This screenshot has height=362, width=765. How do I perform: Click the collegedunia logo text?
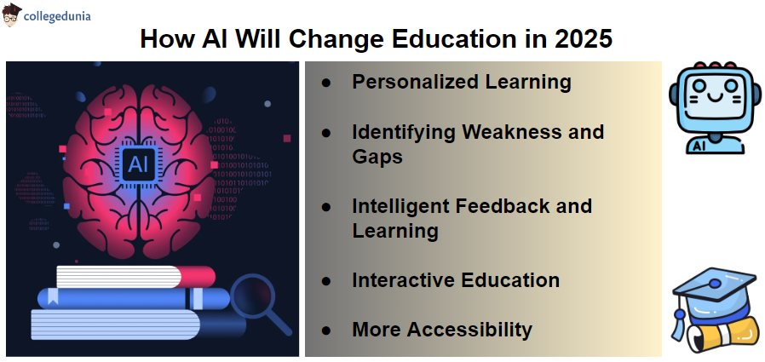[57, 16]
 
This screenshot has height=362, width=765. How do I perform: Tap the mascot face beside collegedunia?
[12, 14]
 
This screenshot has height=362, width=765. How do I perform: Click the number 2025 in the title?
[583, 39]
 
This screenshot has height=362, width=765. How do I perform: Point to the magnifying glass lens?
[253, 296]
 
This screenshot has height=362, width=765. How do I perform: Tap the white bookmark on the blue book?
[53, 296]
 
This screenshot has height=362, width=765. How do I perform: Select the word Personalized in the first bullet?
[415, 82]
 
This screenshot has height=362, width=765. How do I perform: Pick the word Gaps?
[377, 157]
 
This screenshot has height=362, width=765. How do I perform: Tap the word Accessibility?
[470, 330]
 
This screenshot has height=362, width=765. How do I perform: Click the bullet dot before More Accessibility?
[326, 330]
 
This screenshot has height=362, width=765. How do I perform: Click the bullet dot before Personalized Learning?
[326, 83]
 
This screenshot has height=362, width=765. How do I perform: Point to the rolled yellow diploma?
[723, 337]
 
